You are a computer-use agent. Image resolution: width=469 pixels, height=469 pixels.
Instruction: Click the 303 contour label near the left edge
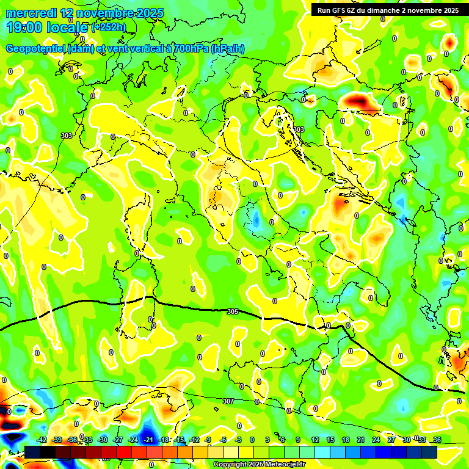pyautogui.click(x=66, y=136)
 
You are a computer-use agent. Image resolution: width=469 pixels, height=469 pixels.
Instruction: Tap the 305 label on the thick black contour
pyautogui.click(x=232, y=312)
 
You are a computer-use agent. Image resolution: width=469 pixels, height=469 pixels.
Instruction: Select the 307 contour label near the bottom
pyautogui.click(x=228, y=401)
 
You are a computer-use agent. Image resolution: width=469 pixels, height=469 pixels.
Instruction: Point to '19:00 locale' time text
pyautogui.click(x=46, y=27)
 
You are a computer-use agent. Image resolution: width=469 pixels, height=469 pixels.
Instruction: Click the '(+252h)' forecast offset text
pyautogui.click(x=109, y=27)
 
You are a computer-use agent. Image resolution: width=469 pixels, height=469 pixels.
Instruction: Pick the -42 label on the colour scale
pyautogui.click(x=42, y=440)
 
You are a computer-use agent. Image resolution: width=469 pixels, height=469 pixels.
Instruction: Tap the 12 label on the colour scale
pyautogui.click(x=315, y=440)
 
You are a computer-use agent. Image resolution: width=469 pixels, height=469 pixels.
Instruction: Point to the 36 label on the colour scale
pyautogui.click(x=437, y=440)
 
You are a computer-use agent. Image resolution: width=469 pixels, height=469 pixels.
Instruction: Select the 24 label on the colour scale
pyautogui.click(x=376, y=440)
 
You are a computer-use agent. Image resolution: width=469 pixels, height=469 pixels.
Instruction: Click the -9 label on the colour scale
pyautogui.click(x=208, y=440)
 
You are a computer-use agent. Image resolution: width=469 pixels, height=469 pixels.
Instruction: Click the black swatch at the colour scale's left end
pyautogui.click(x=33, y=452)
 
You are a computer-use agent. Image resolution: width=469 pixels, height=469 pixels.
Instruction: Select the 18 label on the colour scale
pyautogui.click(x=346, y=440)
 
